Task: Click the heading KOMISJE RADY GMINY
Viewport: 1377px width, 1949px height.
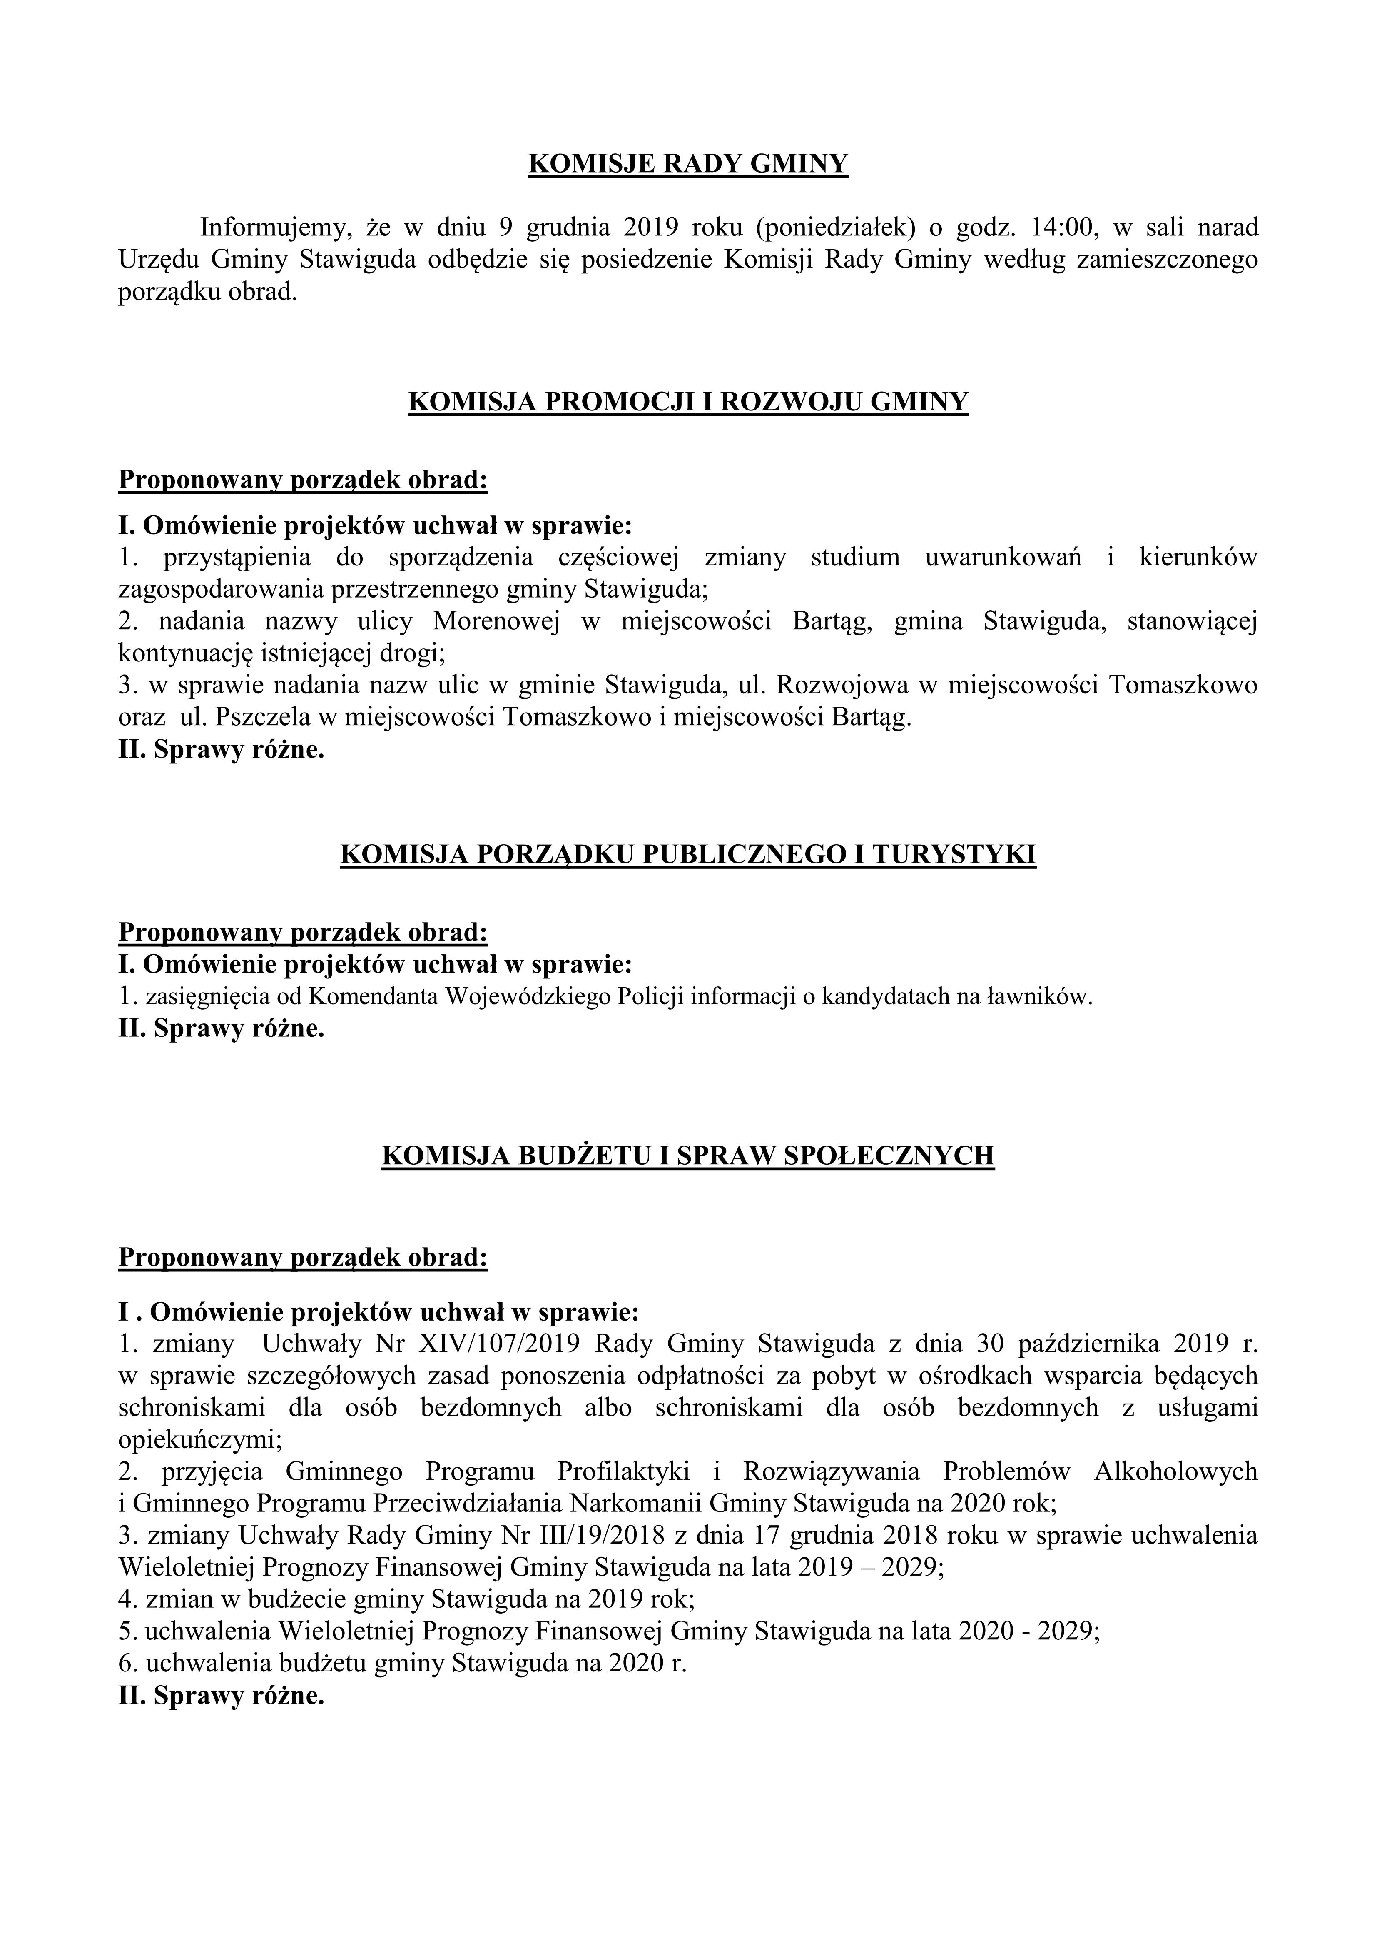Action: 688,163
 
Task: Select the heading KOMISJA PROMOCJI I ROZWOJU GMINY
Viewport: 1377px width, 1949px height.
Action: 688,400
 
